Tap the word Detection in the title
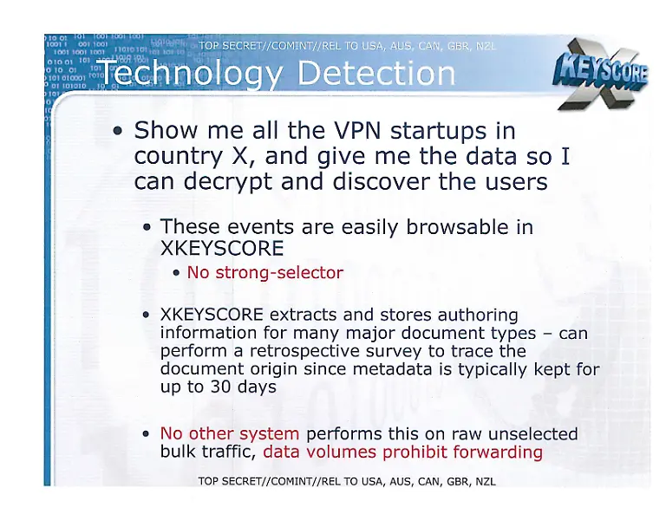375,75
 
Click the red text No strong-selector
265,272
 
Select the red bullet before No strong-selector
177,274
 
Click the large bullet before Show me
119,133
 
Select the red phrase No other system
230,433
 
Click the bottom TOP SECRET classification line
347,482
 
